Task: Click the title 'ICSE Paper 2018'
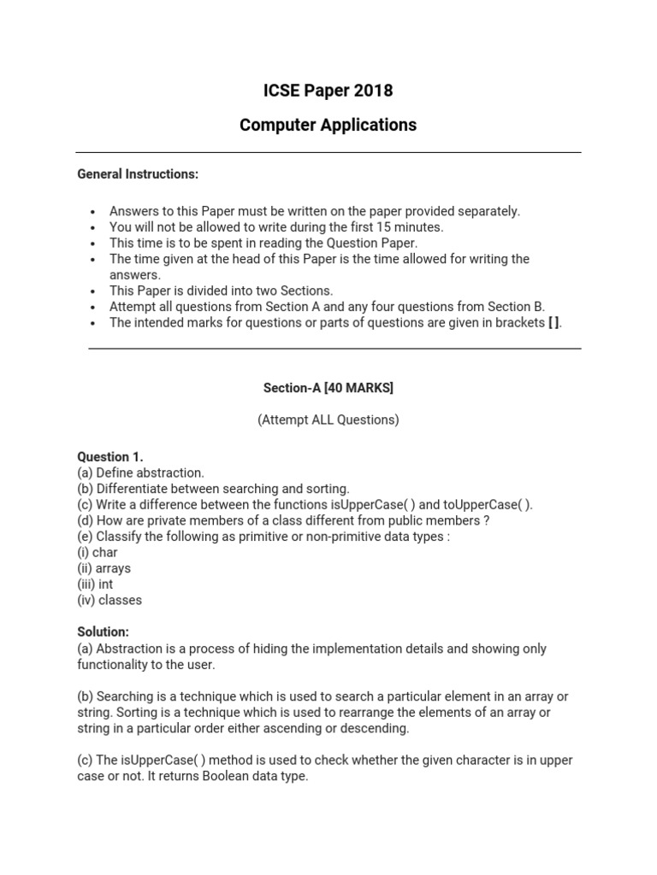tap(328, 91)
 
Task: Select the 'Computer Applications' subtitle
tap(328, 125)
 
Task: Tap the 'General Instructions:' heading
tap(138, 174)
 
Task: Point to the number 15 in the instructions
tap(381, 227)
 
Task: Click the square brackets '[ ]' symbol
tap(554, 323)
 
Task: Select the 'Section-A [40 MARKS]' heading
tap(328, 388)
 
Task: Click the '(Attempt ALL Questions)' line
tap(328, 420)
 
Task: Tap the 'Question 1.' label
tap(110, 457)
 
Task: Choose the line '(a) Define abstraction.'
tap(141, 473)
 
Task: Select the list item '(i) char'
tap(98, 553)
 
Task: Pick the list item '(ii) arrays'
tap(104, 569)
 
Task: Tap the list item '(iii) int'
tap(95, 584)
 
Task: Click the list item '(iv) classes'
tap(109, 601)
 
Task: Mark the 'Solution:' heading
tap(104, 631)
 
